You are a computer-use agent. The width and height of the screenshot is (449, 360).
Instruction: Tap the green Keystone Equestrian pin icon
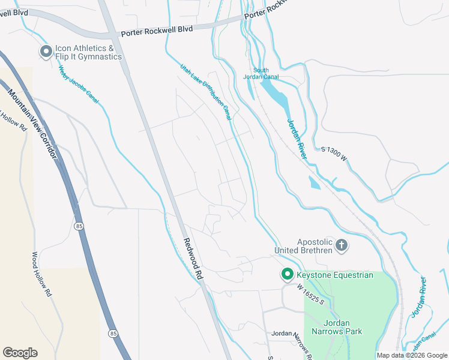(287, 275)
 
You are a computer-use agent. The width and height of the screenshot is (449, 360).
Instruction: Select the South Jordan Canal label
(256, 74)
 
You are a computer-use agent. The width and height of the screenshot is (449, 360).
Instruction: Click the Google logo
(20, 353)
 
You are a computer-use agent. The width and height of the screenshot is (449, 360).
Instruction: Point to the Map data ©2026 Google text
(411, 355)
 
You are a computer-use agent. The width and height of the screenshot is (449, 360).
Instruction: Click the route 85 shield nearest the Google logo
(113, 332)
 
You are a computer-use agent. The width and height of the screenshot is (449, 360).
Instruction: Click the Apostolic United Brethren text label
(303, 245)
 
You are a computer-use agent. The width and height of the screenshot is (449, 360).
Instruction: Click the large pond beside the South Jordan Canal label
(276, 94)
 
